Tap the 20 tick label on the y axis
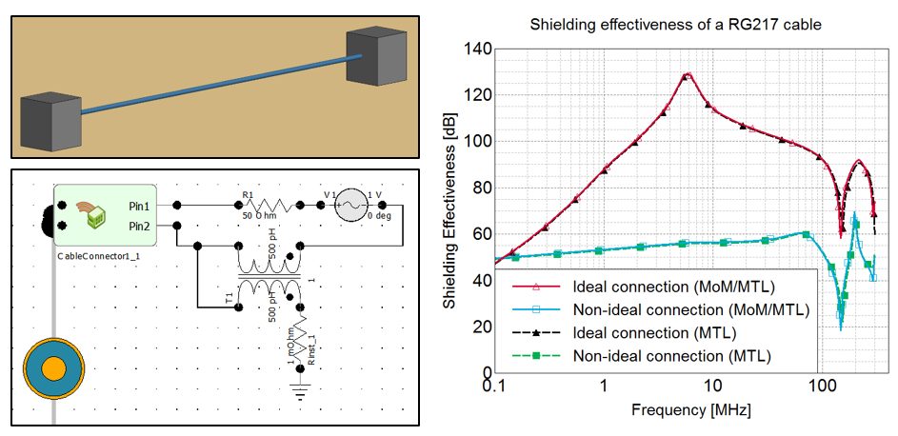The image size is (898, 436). pos(481,327)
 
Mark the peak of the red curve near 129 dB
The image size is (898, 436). pos(687,74)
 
